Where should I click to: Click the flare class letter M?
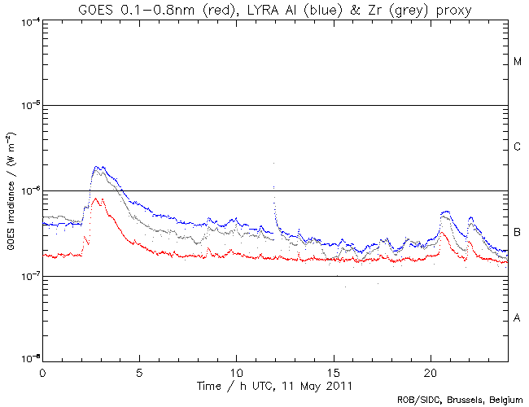pyautogui.click(x=518, y=62)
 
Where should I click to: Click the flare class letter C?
pyautogui.click(x=518, y=147)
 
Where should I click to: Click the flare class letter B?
pyautogui.click(x=518, y=233)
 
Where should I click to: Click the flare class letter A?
pyautogui.click(x=518, y=318)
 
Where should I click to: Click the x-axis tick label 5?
pyautogui.click(x=140, y=372)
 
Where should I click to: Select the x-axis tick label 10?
pyautogui.click(x=237, y=372)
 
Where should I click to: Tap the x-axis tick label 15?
pyautogui.click(x=334, y=372)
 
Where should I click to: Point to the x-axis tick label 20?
pyautogui.click(x=431, y=372)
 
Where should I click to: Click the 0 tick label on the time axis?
pyautogui.click(x=42, y=372)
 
